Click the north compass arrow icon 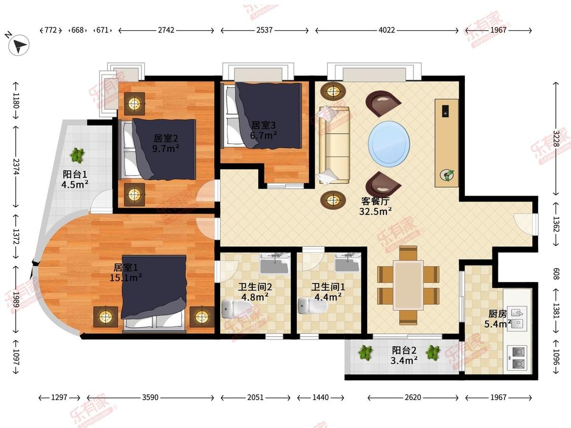click(x=19, y=45)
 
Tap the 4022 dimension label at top click(x=387, y=30)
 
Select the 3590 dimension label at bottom click(x=150, y=398)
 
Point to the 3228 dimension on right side click(x=556, y=138)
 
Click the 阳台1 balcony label click(x=75, y=174)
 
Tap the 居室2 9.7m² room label click(x=165, y=143)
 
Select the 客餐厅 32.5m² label click(x=376, y=206)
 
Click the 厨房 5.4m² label click(x=498, y=319)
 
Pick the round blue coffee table click(x=389, y=144)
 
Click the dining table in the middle click(x=408, y=285)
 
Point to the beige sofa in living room click(x=334, y=145)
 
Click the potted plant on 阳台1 click(x=78, y=155)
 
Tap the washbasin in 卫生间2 click(x=275, y=264)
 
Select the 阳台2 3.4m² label click(x=404, y=355)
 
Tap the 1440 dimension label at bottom click(x=320, y=398)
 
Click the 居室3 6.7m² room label click(x=263, y=130)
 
